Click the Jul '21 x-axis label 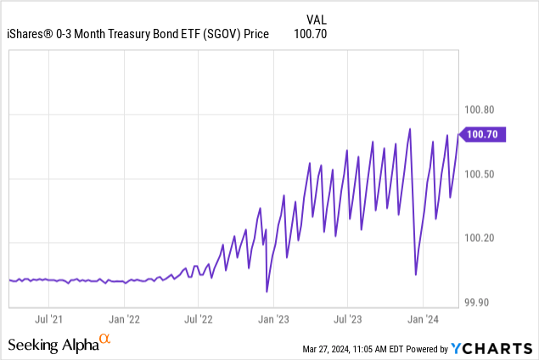pyautogui.click(x=48, y=319)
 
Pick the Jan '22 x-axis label pyautogui.click(x=124, y=319)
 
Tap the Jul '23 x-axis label pyautogui.click(x=348, y=319)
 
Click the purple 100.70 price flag pyautogui.click(x=484, y=133)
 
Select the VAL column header pyautogui.click(x=315, y=18)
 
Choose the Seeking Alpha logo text pyautogui.click(x=53, y=345)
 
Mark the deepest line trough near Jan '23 pyautogui.click(x=267, y=292)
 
